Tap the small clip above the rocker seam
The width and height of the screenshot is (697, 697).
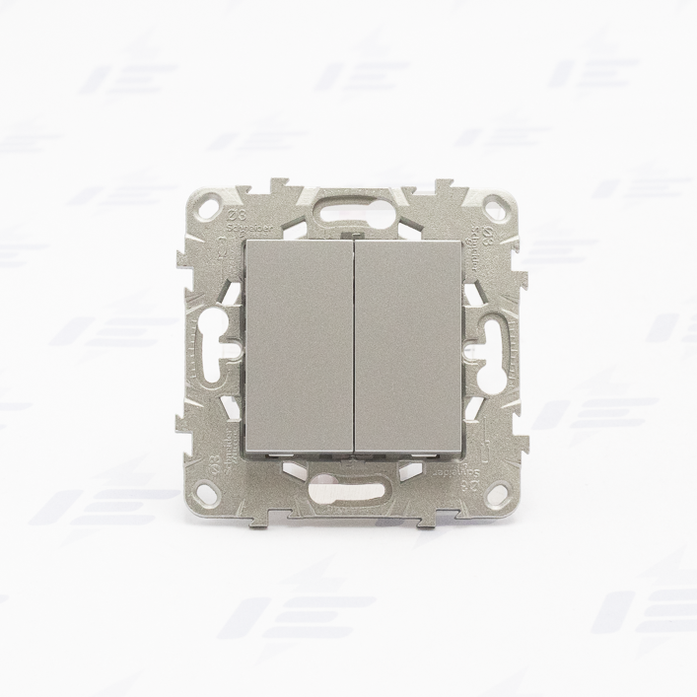(x=350, y=235)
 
